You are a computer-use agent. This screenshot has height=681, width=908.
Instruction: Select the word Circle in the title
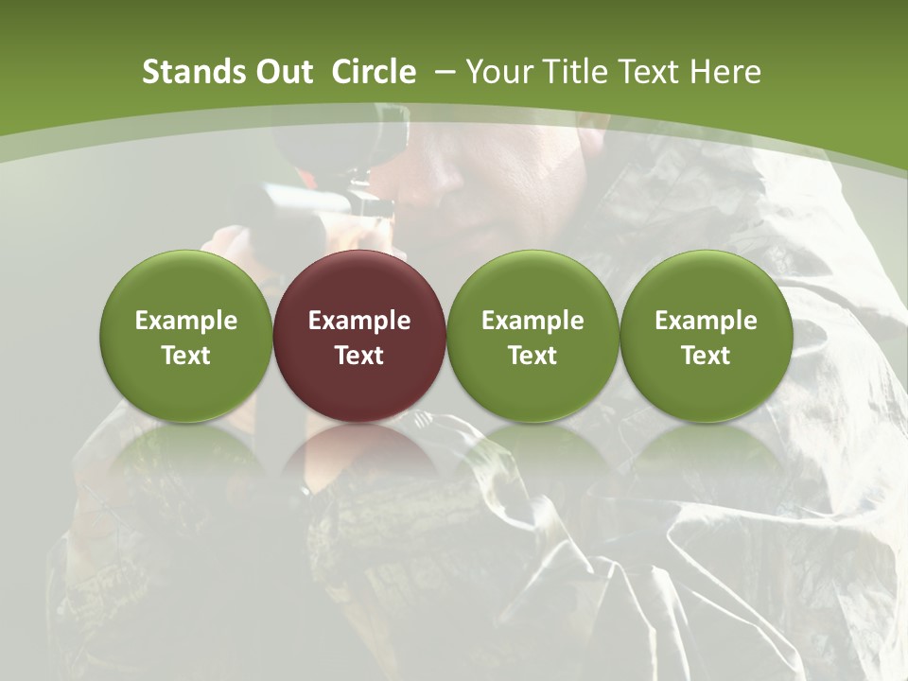tap(374, 72)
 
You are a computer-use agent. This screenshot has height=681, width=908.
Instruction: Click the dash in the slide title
tap(443, 72)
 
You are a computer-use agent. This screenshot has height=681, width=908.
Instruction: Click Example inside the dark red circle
tap(359, 321)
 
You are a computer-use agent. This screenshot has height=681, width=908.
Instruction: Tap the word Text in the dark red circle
tap(359, 356)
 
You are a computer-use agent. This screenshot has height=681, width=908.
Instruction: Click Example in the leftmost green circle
tap(186, 321)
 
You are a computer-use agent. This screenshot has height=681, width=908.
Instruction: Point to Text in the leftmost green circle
tap(186, 356)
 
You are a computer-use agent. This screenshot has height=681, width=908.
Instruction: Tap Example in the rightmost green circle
tap(707, 321)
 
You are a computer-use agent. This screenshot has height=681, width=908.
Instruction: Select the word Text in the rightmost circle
tap(707, 356)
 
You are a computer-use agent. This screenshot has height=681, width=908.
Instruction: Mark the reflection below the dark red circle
tap(359, 454)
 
